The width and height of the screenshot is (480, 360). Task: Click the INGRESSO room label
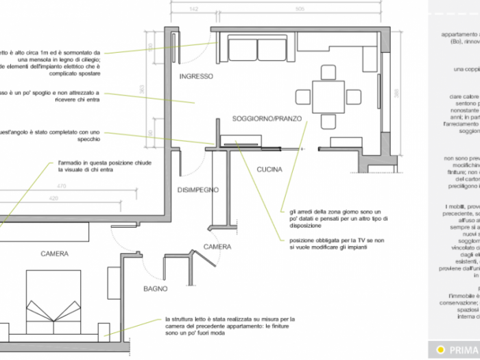tap(195, 76)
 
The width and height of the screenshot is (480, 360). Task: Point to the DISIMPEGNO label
tap(197, 189)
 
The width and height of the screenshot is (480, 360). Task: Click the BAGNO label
tap(155, 289)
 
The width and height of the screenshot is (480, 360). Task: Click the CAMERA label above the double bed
tap(54, 254)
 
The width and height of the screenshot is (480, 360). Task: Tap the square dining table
tap(328, 97)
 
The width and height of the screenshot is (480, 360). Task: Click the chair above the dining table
tap(328, 71)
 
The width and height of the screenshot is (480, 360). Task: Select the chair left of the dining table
tap(303, 97)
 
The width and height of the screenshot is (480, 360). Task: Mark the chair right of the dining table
tap(353, 97)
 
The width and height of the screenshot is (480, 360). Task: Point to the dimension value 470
tap(61, 186)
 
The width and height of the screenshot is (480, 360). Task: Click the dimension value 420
tap(61, 198)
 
